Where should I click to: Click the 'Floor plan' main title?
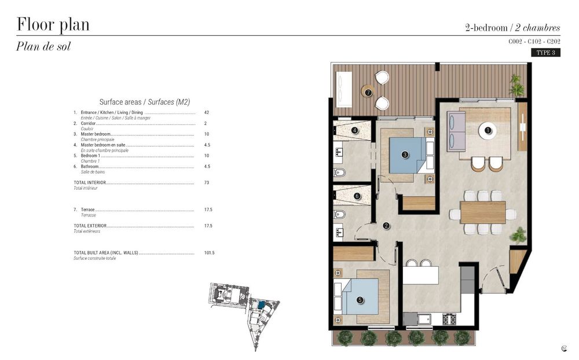(x=53, y=25)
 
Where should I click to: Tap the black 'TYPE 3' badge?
(x=545, y=53)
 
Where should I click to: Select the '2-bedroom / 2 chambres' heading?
(x=512, y=27)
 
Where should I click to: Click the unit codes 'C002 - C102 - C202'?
(x=534, y=42)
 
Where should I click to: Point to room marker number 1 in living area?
(x=488, y=131)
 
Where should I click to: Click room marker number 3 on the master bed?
(x=405, y=154)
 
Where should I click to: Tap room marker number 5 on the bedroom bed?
(x=360, y=300)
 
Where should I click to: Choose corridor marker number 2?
(x=386, y=226)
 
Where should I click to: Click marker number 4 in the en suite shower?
(x=355, y=131)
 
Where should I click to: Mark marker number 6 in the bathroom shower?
(x=357, y=196)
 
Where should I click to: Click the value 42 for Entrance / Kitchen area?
(x=207, y=112)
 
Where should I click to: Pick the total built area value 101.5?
(x=209, y=253)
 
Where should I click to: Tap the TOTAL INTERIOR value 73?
(x=207, y=183)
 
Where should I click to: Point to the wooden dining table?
(x=482, y=212)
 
